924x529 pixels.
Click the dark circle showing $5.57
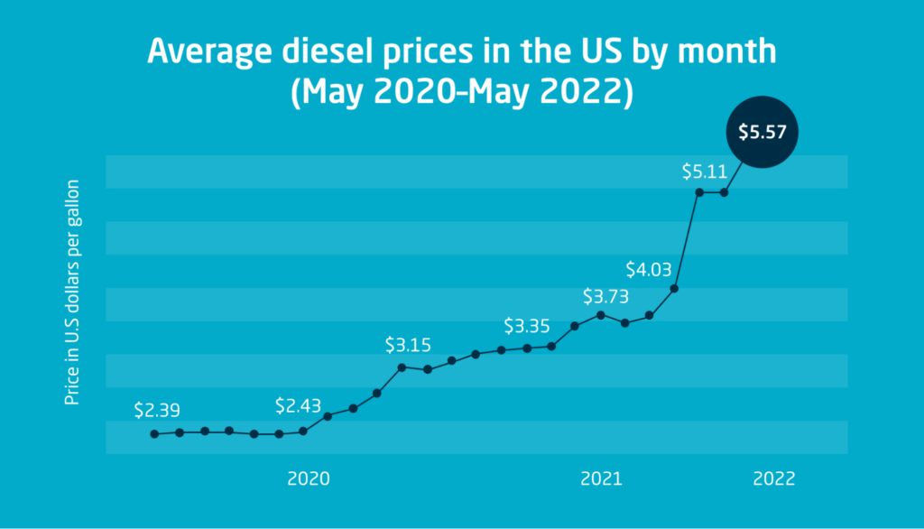[x=762, y=132]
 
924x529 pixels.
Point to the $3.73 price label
[x=605, y=296]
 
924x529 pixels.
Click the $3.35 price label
[x=527, y=325]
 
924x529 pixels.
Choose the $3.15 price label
[x=408, y=345]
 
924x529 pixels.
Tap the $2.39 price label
[x=157, y=410]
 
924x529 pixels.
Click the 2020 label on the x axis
[x=309, y=478]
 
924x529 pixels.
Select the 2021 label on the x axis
[x=602, y=478]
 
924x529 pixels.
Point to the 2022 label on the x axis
[x=774, y=478]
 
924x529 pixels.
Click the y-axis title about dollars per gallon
[x=72, y=292]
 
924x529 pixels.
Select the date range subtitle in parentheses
[x=462, y=92]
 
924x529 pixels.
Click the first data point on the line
[x=155, y=434]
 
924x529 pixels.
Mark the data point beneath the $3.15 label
[x=402, y=367]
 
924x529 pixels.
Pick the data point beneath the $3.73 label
[x=601, y=314]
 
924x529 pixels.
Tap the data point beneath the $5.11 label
[x=699, y=192]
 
